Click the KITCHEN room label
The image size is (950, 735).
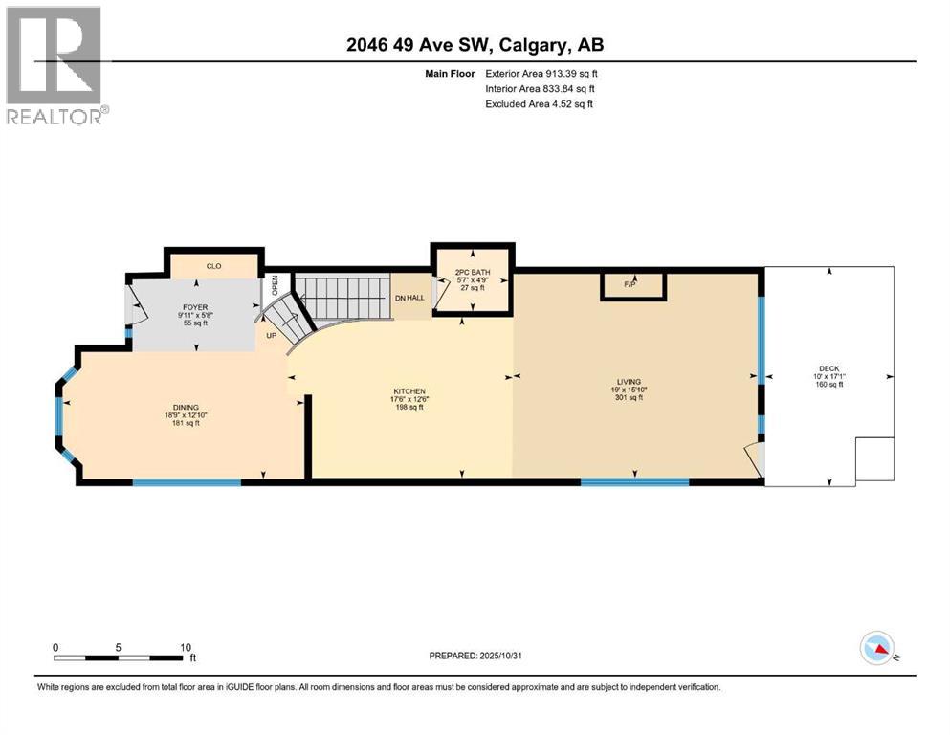[x=409, y=390]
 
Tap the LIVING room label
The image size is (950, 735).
[x=629, y=382]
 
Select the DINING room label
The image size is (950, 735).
[x=185, y=406]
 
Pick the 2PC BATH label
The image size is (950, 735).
[x=473, y=273]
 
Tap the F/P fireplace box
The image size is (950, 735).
[x=630, y=284]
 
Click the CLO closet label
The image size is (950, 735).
[x=213, y=266]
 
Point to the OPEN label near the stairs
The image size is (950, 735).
[x=275, y=284]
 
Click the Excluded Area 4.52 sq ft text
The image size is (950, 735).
[x=539, y=103]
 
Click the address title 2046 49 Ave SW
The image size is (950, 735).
[x=475, y=44]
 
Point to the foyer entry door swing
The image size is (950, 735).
[x=136, y=306]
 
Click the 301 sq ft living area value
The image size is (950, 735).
[x=629, y=397]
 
